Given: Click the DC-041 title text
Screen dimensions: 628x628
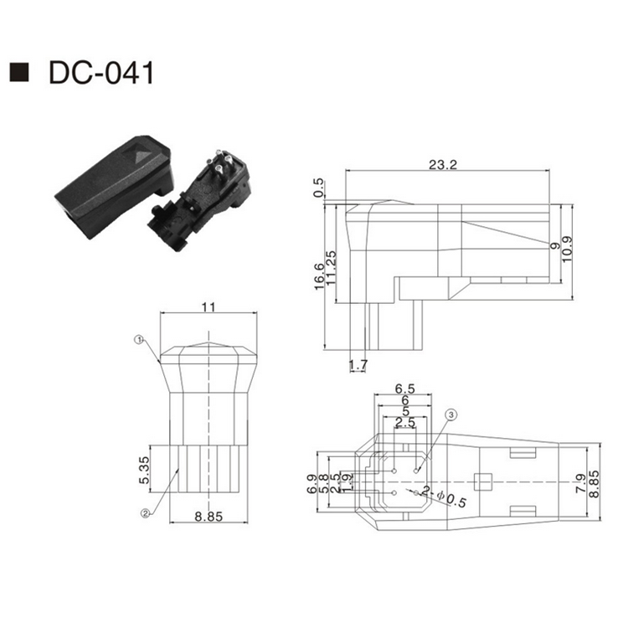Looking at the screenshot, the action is pos(101,73).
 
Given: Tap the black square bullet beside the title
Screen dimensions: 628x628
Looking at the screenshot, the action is pos(19,73).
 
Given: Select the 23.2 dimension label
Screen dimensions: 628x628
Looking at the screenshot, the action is pos(443,164).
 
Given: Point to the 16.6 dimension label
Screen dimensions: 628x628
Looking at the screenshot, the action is pos(319,276).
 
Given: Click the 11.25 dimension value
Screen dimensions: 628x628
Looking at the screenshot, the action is pos(331,268).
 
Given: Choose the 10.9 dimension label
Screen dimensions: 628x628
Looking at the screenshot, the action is pos(567,250).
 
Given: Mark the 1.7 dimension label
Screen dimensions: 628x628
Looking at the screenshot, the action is pos(358,365).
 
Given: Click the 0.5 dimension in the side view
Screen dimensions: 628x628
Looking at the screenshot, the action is pos(318,188).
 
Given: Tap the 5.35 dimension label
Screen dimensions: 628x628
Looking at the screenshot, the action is pos(144,471).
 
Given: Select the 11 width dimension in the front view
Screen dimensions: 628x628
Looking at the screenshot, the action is pos(208,307).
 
